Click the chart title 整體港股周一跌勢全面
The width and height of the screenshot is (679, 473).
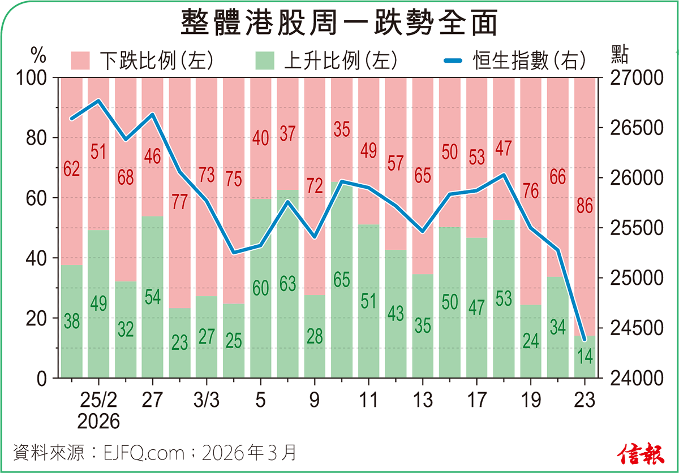tap(339, 24)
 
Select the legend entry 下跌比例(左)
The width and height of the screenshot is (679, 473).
tap(141, 59)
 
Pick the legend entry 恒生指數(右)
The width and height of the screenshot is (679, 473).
tap(515, 59)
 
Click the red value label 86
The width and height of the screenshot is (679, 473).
tap(585, 206)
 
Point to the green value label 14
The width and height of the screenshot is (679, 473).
tap(585, 356)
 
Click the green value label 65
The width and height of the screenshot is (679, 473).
tap(341, 280)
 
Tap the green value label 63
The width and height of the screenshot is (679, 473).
tap(287, 283)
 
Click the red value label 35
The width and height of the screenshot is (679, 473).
tap(341, 130)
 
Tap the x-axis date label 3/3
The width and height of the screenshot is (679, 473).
tap(206, 400)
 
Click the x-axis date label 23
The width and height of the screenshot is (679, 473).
tap(585, 400)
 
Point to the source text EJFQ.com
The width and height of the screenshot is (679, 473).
tap(144, 453)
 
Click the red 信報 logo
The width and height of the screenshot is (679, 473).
tap(640, 452)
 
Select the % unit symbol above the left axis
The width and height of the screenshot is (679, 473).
tap(37, 55)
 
